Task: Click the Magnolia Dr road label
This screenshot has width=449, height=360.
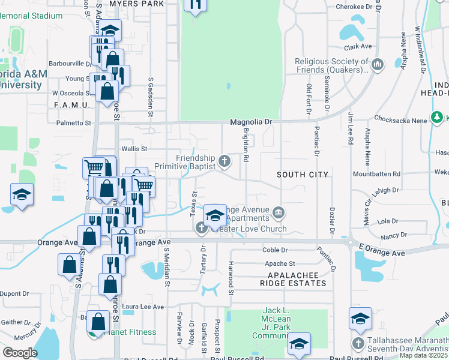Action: tap(252, 122)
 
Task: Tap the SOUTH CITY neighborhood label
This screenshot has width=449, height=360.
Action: tap(303, 175)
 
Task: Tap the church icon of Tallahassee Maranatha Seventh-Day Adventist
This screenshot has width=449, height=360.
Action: tap(358, 343)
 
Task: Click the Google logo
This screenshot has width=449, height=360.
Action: tap(20, 352)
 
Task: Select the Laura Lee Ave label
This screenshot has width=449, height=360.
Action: tap(143, 307)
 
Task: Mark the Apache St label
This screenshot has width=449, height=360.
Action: tap(280, 263)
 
